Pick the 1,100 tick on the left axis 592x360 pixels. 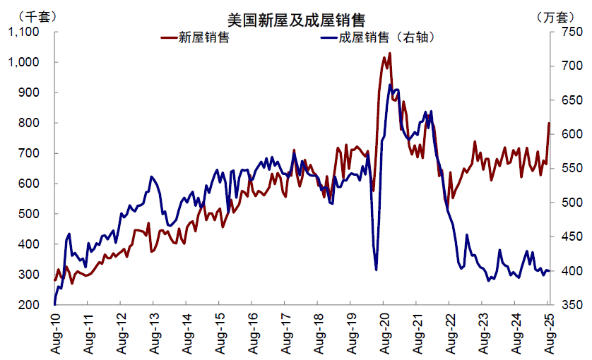(23, 32)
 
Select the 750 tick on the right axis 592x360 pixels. (569, 32)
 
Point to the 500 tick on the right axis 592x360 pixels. (569, 203)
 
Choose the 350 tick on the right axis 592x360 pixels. (569, 305)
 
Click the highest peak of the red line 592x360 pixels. (389, 53)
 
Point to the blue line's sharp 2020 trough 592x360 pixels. (376, 270)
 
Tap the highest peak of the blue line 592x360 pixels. (390, 85)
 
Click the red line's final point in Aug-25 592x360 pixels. (549, 123)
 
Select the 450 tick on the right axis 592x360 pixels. (569, 236)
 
